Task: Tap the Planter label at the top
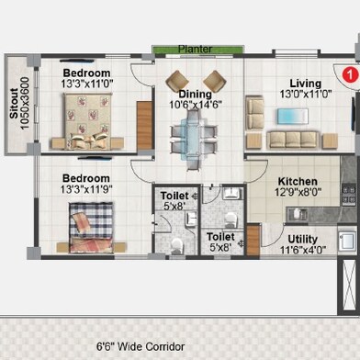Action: pyautogui.click(x=195, y=49)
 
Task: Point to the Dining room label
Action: pyautogui.click(x=195, y=94)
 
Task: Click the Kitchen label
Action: pyautogui.click(x=298, y=182)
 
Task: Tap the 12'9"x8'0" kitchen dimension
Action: pyautogui.click(x=298, y=193)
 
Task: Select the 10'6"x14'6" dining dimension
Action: pyautogui.click(x=195, y=105)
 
